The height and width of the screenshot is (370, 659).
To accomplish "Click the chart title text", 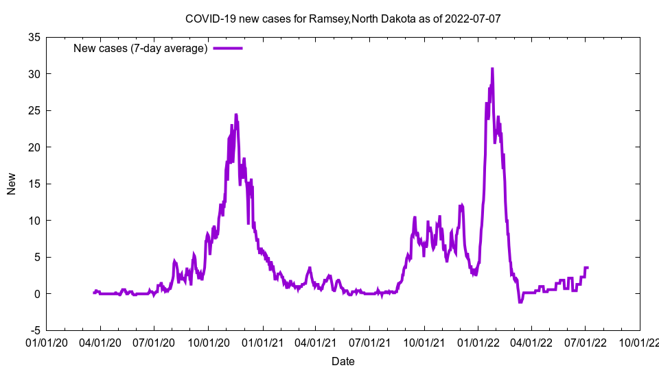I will tap(343, 18).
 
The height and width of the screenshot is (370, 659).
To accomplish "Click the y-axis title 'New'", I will tap(12, 184).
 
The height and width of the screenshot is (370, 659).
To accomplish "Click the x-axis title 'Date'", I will tap(343, 361).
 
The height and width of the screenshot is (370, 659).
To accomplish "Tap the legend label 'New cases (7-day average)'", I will tap(141, 48).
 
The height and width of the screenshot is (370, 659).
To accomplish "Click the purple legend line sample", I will tap(228, 48).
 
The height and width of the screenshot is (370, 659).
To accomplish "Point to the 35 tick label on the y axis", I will tap(34, 37).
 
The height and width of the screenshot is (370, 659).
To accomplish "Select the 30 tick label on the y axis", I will tap(34, 74).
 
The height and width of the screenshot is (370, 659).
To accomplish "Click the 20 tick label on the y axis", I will tap(34, 147).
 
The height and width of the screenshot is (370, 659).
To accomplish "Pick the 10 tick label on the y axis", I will tap(34, 221).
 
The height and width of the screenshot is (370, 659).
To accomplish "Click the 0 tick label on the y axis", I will tap(37, 294).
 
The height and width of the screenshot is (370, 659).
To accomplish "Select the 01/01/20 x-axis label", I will tap(47, 341).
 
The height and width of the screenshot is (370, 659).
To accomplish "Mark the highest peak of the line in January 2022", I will tap(492, 69).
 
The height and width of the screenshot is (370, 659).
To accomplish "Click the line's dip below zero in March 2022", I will tap(520, 301).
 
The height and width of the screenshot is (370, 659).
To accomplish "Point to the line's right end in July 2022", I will tap(588, 267).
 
